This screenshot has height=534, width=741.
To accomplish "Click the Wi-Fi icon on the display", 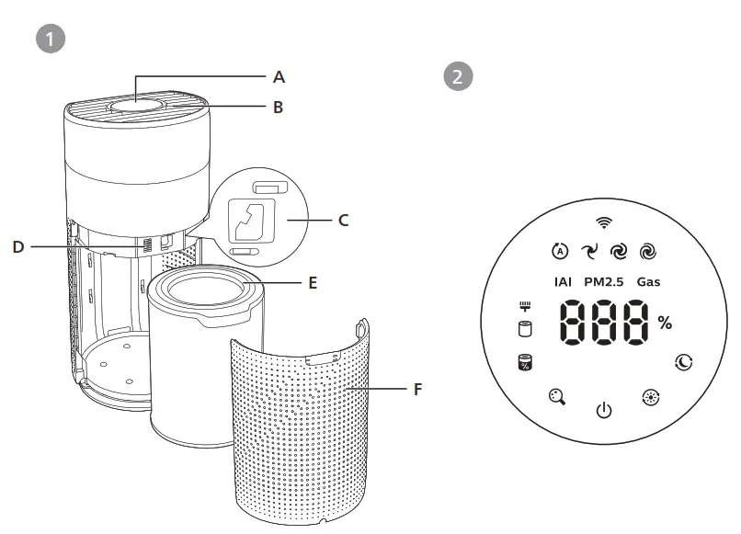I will point(603,222).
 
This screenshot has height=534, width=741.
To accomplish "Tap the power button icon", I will point(603,410).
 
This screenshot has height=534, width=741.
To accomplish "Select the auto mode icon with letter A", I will point(559,251).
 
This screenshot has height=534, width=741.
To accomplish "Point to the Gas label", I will point(648,282).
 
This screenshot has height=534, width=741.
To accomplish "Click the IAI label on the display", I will point(564,282).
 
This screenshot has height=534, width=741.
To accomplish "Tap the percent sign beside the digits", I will point(664,323).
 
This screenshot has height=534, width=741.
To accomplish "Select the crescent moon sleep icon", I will point(684,362).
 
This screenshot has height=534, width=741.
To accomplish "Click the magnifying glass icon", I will point(556,398).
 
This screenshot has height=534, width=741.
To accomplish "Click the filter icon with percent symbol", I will point(525,363).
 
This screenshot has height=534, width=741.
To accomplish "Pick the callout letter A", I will point(279,76).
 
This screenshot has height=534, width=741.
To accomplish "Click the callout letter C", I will point(344,220).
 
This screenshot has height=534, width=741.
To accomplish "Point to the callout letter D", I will point(19,246).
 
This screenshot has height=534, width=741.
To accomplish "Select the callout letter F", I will point(417,389).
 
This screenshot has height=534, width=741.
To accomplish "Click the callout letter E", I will point(313,282).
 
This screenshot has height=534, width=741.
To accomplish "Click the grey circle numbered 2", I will point(457,76).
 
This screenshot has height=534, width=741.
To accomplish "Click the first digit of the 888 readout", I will point(577,324).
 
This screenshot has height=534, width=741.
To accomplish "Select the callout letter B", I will point(279,107).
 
